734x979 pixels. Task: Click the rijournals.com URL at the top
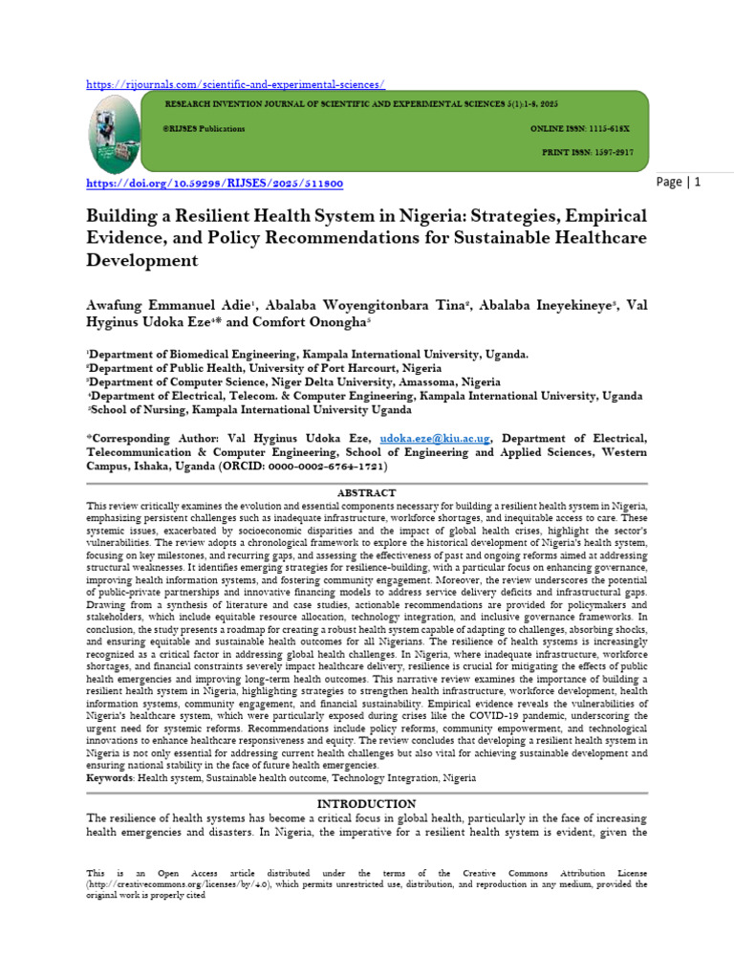click(x=235, y=83)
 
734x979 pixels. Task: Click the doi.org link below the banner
click(x=215, y=183)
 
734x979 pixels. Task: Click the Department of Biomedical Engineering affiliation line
click(x=307, y=354)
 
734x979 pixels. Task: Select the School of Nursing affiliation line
click(x=250, y=409)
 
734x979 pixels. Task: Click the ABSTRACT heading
click(x=367, y=491)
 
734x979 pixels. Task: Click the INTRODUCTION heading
click(x=367, y=804)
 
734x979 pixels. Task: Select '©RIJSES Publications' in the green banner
click(x=205, y=128)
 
